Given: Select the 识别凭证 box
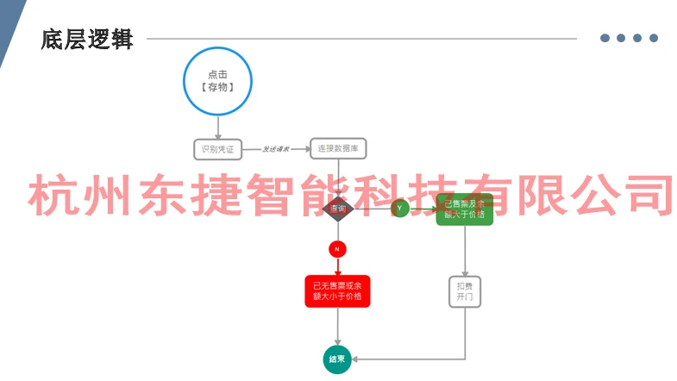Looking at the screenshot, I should (x=217, y=149).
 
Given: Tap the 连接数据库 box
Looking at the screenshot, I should (x=339, y=149).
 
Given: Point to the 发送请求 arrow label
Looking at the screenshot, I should (x=276, y=150).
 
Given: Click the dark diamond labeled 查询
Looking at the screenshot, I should (x=337, y=209).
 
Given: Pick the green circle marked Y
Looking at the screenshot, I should (x=399, y=209).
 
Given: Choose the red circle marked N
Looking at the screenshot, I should (x=337, y=249).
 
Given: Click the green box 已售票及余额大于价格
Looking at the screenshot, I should (x=465, y=209).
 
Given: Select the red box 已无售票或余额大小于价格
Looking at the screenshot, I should (x=337, y=291).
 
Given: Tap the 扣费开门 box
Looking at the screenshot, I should (x=465, y=290).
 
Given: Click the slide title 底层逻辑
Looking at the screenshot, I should (x=87, y=40).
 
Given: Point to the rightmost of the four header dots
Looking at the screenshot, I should (x=654, y=38).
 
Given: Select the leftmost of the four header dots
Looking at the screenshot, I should (x=605, y=38).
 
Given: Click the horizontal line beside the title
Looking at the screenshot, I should (x=362, y=39).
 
